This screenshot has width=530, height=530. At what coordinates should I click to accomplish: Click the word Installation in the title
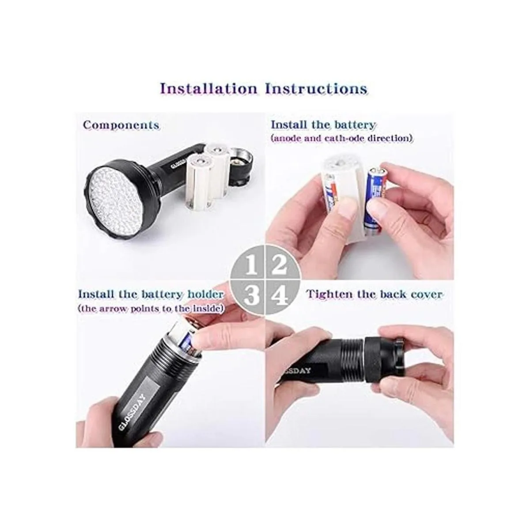point(208,89)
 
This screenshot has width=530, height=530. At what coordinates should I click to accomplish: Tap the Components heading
point(121,125)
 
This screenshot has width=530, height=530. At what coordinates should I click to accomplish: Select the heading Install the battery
point(323,125)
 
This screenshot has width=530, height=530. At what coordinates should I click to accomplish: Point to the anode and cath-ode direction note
point(342,138)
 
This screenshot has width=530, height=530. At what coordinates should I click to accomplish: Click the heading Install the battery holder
point(151,294)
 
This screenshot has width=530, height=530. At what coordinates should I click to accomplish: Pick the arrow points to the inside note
point(150,309)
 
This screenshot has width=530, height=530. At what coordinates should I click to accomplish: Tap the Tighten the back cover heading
point(375,294)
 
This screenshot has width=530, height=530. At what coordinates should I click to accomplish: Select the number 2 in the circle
point(279,265)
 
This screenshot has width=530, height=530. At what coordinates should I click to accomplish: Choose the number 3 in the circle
point(250,295)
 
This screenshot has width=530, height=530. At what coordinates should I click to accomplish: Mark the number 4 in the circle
point(279,295)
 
